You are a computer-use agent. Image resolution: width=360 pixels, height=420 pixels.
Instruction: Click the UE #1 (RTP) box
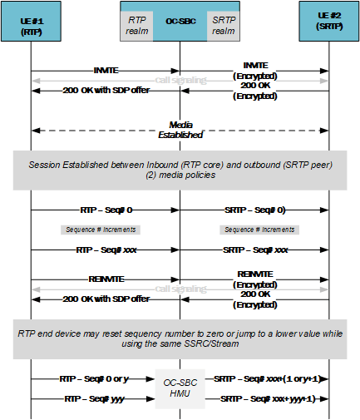pos(32,22)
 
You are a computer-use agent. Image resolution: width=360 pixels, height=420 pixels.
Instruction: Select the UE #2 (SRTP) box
pos(328,22)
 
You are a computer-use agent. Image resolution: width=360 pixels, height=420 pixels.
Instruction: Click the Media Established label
pos(180,130)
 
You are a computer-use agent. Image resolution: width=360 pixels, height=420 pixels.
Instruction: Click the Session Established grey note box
pos(180,169)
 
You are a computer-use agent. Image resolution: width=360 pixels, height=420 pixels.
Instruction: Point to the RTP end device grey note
pos(180,338)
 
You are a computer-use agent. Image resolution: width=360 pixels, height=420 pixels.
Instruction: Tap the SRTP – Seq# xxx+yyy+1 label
pos(267,398)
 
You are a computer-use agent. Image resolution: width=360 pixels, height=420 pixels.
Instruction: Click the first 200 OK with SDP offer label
pos(106,90)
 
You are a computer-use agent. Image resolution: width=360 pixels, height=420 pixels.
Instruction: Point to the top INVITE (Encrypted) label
pos(255,69)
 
